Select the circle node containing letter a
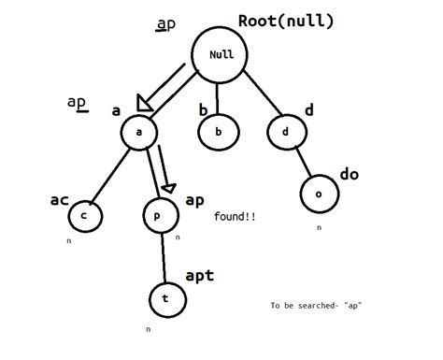click(x=138, y=133)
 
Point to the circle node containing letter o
click(x=318, y=194)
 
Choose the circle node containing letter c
click(x=85, y=216)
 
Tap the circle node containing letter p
click(x=157, y=216)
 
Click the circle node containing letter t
click(x=165, y=299)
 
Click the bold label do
click(x=349, y=174)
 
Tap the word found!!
click(x=236, y=216)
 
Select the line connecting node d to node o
click(x=301, y=163)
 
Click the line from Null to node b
click(x=219, y=97)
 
